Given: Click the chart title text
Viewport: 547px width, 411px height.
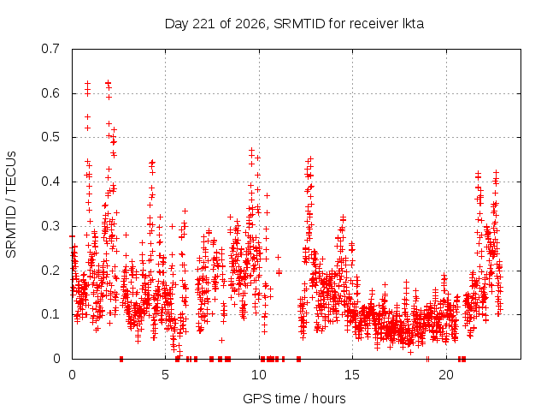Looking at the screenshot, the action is tap(294, 24).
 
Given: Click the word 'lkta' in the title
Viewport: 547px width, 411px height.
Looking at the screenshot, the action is tap(414, 24).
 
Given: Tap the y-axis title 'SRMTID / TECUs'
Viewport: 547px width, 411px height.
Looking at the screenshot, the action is tap(11, 205).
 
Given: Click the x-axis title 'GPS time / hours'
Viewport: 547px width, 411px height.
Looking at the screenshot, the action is tap(294, 398).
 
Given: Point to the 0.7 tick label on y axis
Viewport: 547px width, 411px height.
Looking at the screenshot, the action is tap(50, 49).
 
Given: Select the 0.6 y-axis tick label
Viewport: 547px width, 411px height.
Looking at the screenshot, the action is tap(50, 93).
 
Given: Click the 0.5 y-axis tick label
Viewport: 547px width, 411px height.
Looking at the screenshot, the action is tap(50, 137).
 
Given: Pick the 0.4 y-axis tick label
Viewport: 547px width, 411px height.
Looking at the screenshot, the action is tap(50, 182).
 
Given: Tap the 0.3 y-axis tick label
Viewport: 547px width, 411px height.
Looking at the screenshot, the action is tap(50, 226).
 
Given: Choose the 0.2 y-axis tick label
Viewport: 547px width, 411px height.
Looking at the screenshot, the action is tap(50, 271).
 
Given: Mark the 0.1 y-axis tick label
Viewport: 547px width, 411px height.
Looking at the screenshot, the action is tap(50, 314).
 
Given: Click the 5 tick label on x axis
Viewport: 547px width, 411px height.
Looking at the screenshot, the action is tap(165, 375).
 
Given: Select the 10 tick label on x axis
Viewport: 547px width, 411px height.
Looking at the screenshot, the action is tap(259, 375).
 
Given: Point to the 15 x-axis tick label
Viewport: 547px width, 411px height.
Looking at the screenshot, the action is tap(352, 375).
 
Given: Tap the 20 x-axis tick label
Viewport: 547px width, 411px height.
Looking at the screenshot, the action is tap(446, 375).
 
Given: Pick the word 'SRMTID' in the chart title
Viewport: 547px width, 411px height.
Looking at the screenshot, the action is tap(299, 24).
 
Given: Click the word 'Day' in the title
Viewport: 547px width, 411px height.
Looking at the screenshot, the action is tap(177, 24).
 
